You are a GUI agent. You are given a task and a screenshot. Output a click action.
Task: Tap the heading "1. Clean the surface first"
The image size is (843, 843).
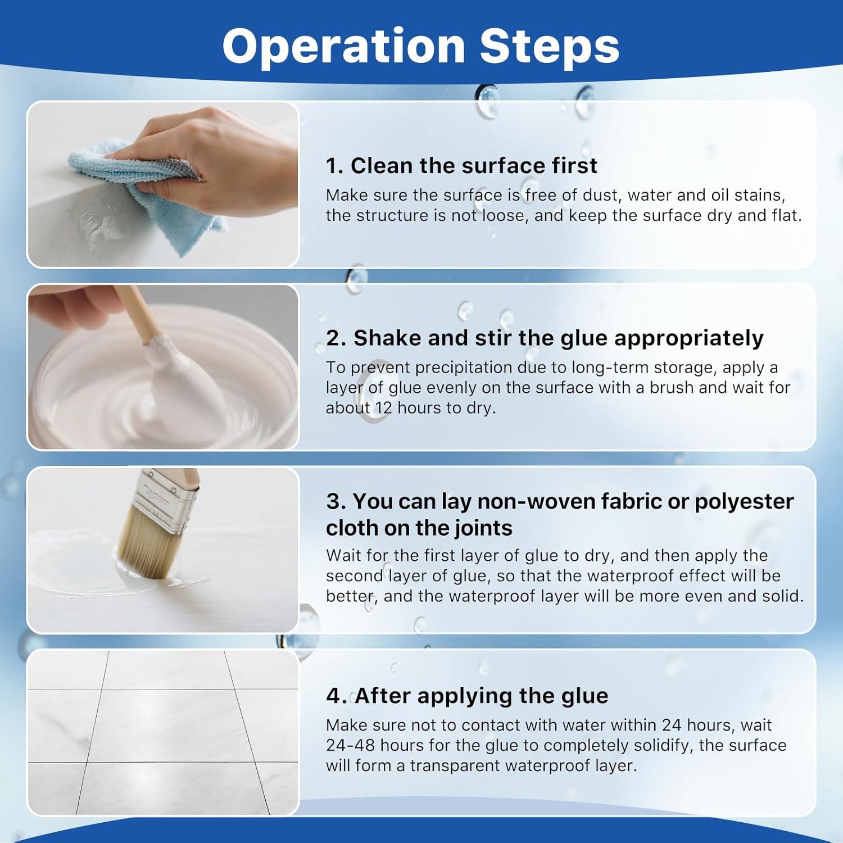click(x=461, y=165)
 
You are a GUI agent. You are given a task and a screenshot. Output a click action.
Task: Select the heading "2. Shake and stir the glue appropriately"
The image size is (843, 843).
click(x=545, y=338)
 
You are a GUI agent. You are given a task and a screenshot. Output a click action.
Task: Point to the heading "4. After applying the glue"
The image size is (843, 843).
click(x=467, y=696)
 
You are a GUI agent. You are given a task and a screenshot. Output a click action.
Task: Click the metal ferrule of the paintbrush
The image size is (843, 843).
click(x=169, y=499)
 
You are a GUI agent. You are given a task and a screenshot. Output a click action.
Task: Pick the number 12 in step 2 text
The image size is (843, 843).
click(x=383, y=407)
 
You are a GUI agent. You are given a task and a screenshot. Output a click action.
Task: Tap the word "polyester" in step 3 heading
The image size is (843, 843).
click(x=744, y=502)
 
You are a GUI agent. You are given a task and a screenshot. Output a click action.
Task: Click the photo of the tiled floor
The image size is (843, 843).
click(x=163, y=732)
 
